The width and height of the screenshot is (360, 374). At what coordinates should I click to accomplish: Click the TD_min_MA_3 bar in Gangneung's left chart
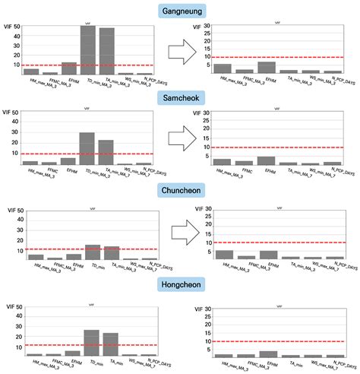tap(88, 49)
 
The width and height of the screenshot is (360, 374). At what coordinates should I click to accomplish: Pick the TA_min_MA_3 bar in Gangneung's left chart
tap(107, 51)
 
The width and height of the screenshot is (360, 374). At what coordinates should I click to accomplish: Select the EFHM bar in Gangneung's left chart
tap(69, 68)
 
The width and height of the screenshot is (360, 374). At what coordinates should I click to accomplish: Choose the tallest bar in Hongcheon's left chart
tap(92, 342)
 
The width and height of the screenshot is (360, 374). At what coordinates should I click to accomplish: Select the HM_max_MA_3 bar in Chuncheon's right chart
tap(224, 255)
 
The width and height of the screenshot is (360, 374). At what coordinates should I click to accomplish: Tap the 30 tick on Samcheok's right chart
tap(203, 114)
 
